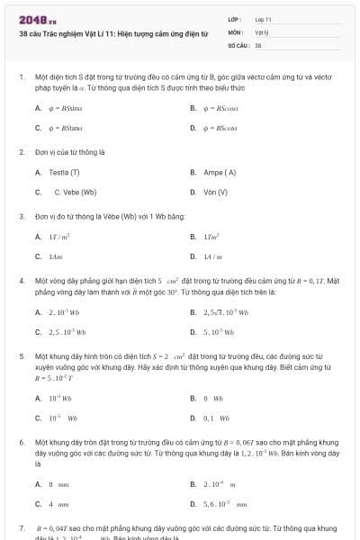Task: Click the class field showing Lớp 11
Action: pos(264,18)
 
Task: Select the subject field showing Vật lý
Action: pos(261,31)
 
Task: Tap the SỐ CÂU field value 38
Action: pos(258,43)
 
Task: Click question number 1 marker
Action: pos(21,77)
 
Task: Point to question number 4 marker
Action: pos(21,281)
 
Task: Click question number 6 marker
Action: pos(21,444)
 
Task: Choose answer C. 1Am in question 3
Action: pos(56,256)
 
